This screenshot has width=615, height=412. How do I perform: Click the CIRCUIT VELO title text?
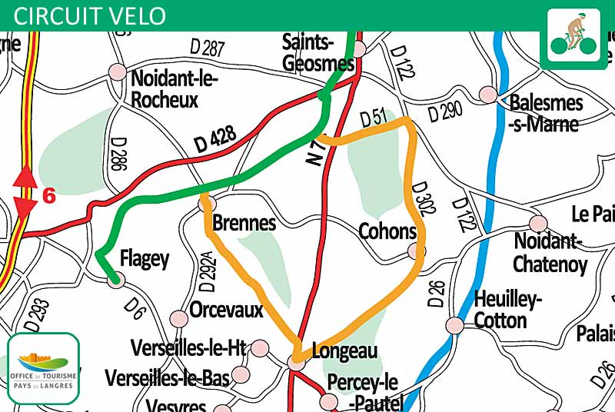[90, 15]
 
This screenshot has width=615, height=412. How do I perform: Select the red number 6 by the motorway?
[49, 196]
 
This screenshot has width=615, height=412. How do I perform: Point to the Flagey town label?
[145, 259]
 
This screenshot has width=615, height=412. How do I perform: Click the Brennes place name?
[244, 223]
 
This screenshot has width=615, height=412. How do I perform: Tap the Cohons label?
[387, 231]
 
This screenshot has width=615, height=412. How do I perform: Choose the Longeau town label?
[345, 351]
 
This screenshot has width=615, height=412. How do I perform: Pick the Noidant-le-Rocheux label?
[175, 89]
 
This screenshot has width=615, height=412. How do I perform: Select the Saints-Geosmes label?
[318, 53]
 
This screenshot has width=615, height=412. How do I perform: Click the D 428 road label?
[214, 141]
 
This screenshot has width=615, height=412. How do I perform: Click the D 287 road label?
[207, 48]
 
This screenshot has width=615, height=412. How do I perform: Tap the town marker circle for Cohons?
[416, 251]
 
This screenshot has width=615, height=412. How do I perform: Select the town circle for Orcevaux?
[179, 318]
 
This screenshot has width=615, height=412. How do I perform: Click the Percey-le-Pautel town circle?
[329, 401]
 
